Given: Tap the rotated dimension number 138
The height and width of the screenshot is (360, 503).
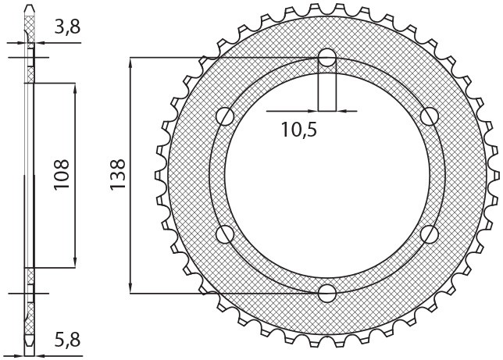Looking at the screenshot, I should (x=117, y=176).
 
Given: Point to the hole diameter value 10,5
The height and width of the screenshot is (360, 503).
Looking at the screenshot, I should (x=299, y=130).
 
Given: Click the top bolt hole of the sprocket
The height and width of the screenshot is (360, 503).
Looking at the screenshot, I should (x=327, y=58).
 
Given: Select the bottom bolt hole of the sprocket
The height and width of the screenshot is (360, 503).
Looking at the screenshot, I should (x=327, y=293).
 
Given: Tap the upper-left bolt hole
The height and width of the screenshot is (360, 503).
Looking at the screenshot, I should (x=227, y=117).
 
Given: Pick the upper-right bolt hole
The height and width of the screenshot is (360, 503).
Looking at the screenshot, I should (x=429, y=117).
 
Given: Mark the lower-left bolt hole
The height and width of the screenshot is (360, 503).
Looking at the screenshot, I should (x=227, y=233).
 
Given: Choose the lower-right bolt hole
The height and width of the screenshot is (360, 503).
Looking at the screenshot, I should (x=429, y=233).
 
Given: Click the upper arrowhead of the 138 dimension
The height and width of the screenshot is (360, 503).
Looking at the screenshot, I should (x=131, y=62).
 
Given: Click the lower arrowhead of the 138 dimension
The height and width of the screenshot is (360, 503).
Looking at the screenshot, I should (x=131, y=287).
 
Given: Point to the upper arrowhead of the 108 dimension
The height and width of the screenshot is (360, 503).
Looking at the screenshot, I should (x=75, y=87).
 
